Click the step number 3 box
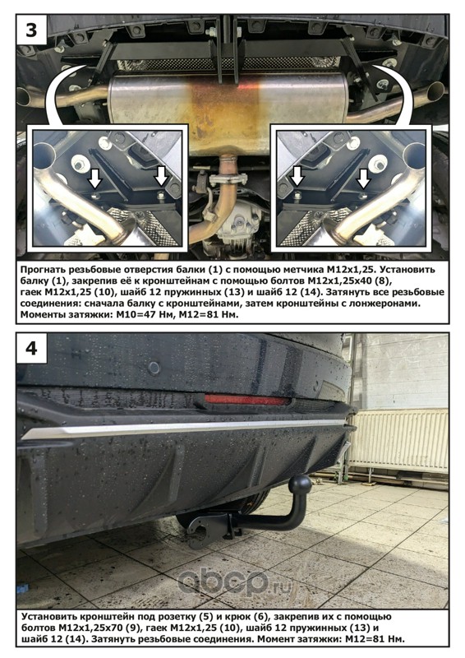[31, 30]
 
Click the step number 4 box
[31, 348]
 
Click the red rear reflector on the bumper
[246, 399]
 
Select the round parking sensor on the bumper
[154, 368]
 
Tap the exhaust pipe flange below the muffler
[227, 180]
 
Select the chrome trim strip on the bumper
[185, 429]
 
